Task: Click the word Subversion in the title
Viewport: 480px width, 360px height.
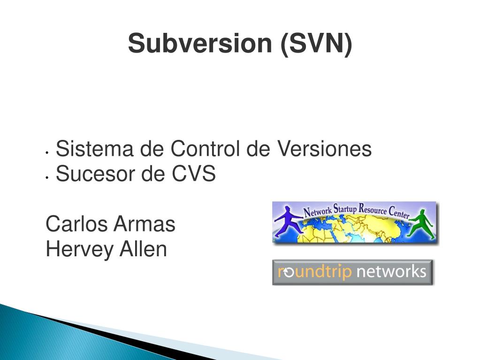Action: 200,44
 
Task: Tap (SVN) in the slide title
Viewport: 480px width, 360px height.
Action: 316,44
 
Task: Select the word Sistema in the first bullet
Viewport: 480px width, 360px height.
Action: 95,149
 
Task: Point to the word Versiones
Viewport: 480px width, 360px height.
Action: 325,149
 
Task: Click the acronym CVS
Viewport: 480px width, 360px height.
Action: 193,174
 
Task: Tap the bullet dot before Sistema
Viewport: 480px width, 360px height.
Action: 47,152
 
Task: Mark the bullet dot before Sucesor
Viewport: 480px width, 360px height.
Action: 47,177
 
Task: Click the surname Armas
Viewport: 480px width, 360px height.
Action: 145,224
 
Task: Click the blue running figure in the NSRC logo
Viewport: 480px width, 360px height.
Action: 288,221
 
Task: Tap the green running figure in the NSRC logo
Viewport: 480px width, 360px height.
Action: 422,224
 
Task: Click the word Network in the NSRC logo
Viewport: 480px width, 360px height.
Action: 318,211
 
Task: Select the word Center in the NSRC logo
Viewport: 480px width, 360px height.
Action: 399,212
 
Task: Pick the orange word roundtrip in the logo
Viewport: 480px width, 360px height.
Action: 314,271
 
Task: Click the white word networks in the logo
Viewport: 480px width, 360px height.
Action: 391,271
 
